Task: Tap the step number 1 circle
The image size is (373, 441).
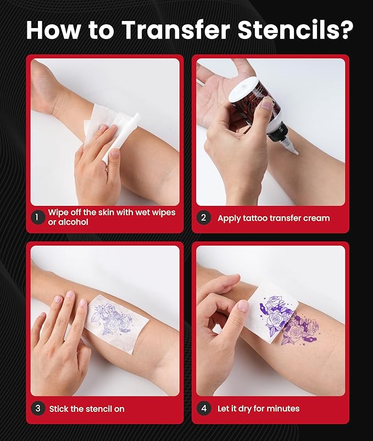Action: point(37,217)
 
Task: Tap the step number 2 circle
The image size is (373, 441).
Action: point(203,217)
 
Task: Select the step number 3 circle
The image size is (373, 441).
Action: point(37,408)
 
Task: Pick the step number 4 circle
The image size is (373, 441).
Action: point(203,408)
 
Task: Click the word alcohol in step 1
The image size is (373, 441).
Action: point(72,222)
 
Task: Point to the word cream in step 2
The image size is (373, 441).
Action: point(315,218)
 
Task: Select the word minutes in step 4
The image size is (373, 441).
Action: point(282,409)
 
